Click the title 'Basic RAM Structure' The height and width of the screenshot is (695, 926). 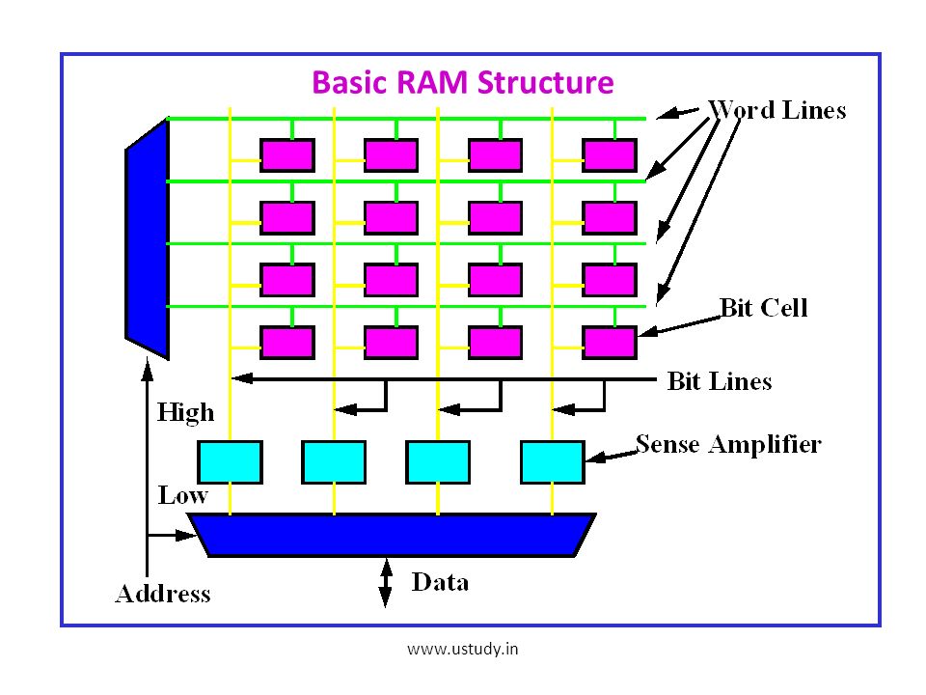[x=462, y=83]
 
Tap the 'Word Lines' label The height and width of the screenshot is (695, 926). [x=777, y=110]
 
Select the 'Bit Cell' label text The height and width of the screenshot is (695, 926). [x=764, y=308]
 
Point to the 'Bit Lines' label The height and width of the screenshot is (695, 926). [x=720, y=381]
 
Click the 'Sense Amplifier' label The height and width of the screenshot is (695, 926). [x=728, y=444]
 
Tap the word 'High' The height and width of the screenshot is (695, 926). [x=185, y=412]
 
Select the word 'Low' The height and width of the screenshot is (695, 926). [x=182, y=495]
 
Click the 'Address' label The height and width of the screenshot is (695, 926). [x=163, y=594]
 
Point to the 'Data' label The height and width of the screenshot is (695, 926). [x=440, y=582]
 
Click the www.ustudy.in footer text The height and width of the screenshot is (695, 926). [x=462, y=649]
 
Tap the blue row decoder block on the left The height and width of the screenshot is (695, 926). [x=148, y=238]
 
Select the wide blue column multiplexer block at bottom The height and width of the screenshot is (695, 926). [x=393, y=535]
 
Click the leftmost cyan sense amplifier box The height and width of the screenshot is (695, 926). [x=230, y=462]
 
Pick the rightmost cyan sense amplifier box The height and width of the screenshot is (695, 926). [x=552, y=462]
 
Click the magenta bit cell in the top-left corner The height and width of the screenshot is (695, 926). [x=287, y=155]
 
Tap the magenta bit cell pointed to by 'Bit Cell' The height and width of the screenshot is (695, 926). [x=610, y=343]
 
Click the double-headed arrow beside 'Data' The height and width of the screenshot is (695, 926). [x=385, y=583]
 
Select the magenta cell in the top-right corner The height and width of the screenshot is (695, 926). [x=610, y=155]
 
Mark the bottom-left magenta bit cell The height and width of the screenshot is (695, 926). [x=287, y=343]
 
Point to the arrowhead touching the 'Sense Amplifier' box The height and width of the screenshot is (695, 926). [x=595, y=458]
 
